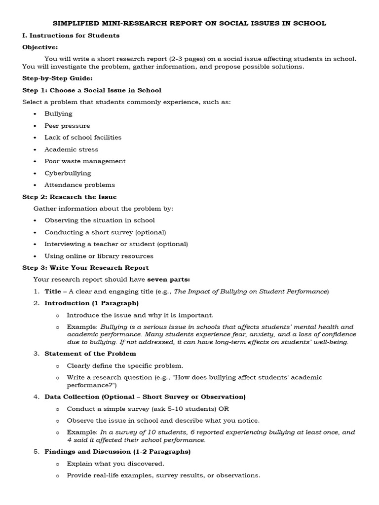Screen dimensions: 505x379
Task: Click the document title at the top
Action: [189, 23]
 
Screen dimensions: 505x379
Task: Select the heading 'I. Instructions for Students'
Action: [71, 36]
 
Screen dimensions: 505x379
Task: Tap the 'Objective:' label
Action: [40, 47]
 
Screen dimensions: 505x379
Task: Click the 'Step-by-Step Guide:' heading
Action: [57, 78]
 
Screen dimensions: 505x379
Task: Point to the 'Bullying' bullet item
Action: [58, 113]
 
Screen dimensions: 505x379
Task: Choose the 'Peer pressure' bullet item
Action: [67, 126]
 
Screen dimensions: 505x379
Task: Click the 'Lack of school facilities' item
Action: [82, 138]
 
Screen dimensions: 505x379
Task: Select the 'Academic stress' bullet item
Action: [71, 149]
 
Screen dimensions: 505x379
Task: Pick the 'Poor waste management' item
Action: [85, 161]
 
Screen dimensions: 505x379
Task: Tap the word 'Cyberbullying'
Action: [68, 173]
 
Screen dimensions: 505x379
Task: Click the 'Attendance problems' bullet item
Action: [79, 185]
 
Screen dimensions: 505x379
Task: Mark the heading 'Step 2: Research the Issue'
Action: [70, 197]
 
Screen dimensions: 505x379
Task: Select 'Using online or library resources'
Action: [99, 256]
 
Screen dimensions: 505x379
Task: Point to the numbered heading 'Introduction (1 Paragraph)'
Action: [91, 303]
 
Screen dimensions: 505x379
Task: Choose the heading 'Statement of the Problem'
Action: [90, 354]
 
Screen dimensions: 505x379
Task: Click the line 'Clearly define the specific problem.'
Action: [125, 365]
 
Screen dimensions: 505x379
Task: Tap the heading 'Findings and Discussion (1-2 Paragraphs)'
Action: [117, 452]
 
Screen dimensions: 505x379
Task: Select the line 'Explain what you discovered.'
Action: [115, 464]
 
